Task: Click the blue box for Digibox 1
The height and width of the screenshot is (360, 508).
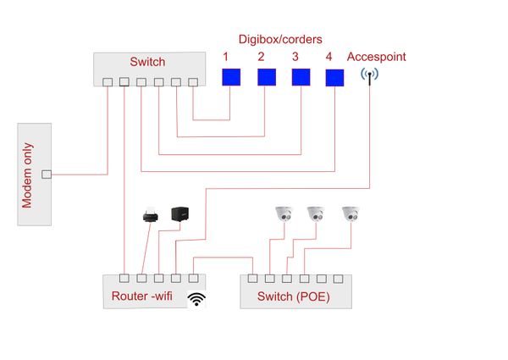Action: (231, 77)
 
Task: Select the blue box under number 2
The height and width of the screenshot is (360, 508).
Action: (267, 77)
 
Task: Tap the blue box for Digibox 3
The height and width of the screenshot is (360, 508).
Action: (301, 77)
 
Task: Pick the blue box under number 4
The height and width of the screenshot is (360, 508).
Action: (335, 77)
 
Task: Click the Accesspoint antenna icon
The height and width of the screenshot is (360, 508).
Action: (369, 77)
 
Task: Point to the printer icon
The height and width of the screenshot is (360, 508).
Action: (151, 215)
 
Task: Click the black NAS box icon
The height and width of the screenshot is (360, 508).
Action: (179, 215)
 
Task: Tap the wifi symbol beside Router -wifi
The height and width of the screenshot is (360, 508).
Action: (196, 298)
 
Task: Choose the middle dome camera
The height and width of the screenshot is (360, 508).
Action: (316, 215)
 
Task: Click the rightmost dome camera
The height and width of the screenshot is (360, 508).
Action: (350, 215)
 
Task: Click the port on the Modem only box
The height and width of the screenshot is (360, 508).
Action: (47, 174)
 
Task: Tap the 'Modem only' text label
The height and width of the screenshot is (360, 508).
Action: (28, 174)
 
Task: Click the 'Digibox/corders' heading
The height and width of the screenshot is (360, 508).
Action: (279, 39)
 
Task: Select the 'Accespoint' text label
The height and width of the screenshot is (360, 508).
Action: (377, 57)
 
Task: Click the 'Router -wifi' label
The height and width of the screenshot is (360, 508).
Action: (146, 296)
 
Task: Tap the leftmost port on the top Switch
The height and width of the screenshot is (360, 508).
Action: (107, 82)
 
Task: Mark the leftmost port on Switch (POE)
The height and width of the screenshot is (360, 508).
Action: (253, 277)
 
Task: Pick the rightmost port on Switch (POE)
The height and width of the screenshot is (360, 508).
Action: (338, 277)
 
